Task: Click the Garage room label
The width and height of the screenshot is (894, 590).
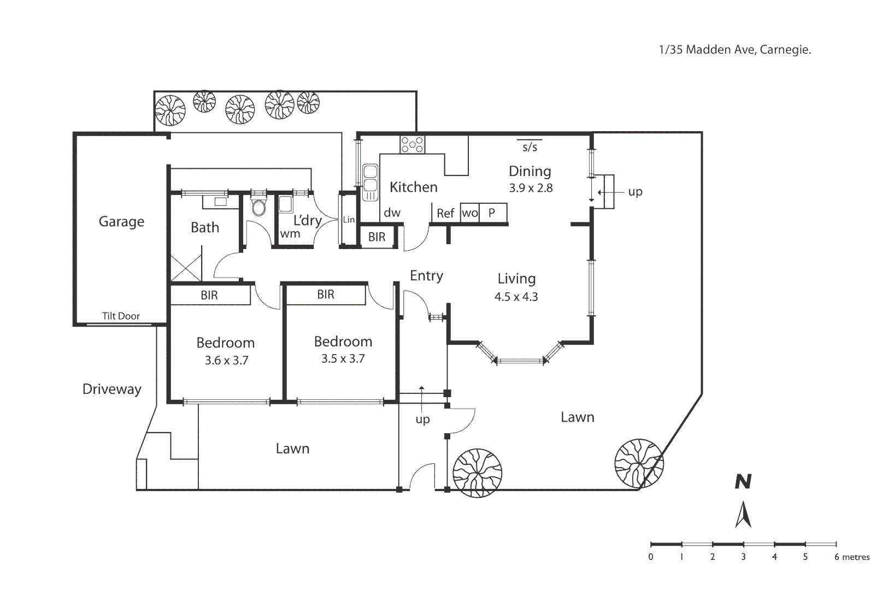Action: pos(121,222)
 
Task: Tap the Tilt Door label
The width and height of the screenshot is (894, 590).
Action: pos(121,316)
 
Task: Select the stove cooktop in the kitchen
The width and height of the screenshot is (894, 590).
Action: pos(412,144)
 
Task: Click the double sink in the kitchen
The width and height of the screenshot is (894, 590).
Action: pos(370,182)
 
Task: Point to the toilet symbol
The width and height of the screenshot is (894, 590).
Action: pos(258,207)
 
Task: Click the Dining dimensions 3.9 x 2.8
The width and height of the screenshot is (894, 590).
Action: pos(531,188)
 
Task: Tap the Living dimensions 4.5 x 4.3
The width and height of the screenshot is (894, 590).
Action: pos(516,297)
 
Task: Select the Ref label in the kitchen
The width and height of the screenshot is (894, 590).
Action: pos(445,214)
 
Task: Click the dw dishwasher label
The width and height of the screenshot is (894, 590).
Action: pos(392,213)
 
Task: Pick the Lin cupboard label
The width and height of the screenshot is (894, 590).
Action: pos(349,220)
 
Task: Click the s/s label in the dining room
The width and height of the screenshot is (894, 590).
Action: pos(530,147)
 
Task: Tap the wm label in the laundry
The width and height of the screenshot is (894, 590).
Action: pos(290,234)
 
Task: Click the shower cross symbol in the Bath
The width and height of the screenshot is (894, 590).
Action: pos(186,268)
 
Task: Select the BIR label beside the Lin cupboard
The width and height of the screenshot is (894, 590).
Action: pos(377,237)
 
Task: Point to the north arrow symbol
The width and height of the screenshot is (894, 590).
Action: pos(743,515)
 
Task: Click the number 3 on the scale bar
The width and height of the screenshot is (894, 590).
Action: pos(743,557)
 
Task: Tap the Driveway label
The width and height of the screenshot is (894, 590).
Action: pos(111,389)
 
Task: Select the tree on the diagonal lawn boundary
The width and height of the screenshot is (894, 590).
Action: pos(638,463)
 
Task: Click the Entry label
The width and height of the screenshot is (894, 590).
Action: pos(426,276)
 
